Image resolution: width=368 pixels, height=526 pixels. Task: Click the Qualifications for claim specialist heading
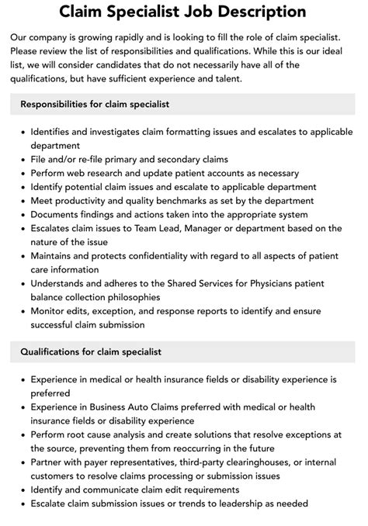(91, 352)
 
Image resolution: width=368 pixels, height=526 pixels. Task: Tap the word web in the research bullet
(78, 173)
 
